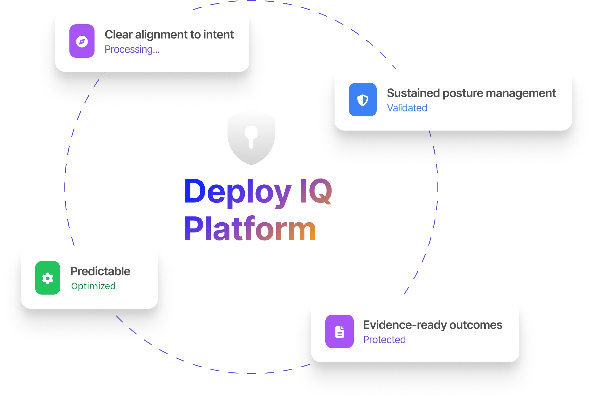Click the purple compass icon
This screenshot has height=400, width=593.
coord(82,41)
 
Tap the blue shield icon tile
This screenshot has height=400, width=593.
coord(362,100)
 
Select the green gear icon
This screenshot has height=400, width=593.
coord(48,278)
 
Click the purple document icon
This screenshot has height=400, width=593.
coord(339,331)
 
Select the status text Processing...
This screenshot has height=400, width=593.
coord(132,49)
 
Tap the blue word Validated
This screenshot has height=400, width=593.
coord(407,108)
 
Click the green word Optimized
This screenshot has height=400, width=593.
coord(93,286)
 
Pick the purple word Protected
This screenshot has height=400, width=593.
coord(384,340)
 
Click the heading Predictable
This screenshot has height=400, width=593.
coord(100,271)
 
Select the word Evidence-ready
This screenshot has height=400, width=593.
coord(405,325)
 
